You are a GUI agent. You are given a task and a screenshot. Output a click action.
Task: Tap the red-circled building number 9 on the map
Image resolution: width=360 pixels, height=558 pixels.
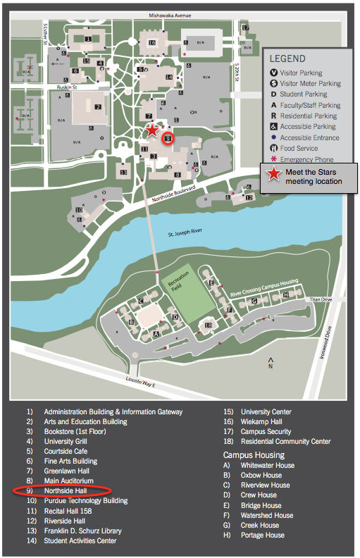[x=167, y=138]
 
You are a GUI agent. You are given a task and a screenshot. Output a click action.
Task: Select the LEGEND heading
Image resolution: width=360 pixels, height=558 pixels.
[x=287, y=58]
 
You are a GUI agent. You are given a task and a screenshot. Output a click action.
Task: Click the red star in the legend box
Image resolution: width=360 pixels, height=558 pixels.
[x=271, y=175]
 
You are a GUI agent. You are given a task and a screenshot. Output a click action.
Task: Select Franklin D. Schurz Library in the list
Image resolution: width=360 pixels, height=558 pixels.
[x=82, y=531]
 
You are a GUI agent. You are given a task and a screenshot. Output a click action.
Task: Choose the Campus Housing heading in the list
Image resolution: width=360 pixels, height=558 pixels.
[x=254, y=455]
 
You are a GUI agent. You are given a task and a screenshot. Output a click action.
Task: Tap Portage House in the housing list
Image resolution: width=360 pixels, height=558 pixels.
[x=263, y=535]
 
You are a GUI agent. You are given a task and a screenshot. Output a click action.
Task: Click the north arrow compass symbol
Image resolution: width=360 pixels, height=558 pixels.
[x=271, y=364]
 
